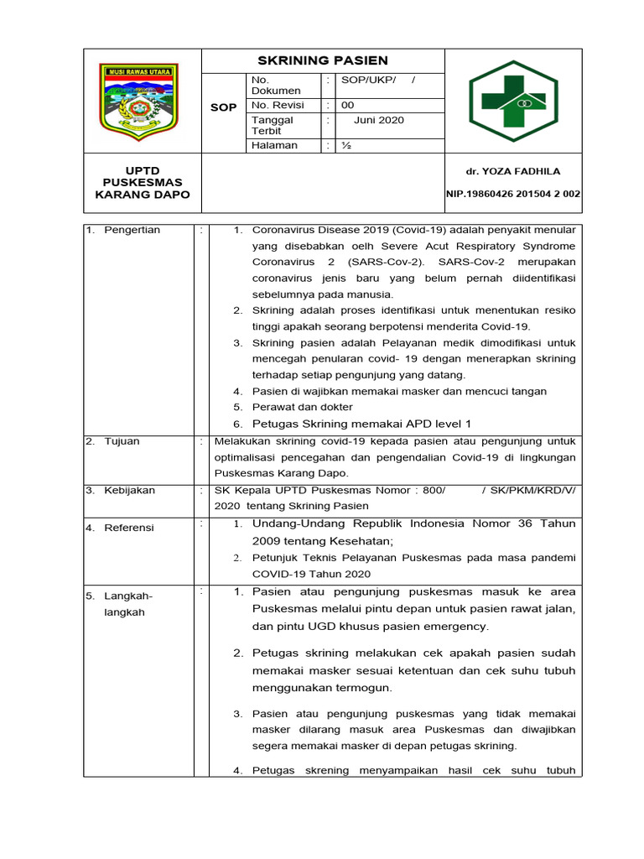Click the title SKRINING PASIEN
(x=322, y=60)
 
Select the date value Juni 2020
(x=378, y=120)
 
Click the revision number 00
(x=347, y=106)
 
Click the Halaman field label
(x=274, y=145)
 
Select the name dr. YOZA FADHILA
(x=513, y=171)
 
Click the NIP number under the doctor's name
(x=512, y=194)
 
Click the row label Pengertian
(x=132, y=230)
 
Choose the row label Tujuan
(x=122, y=441)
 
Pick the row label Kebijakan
(x=129, y=490)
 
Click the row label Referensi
(x=128, y=528)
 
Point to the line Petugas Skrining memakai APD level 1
(x=362, y=424)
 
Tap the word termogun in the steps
(x=363, y=687)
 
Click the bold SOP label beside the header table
(x=222, y=107)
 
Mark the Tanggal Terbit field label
(x=273, y=125)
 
